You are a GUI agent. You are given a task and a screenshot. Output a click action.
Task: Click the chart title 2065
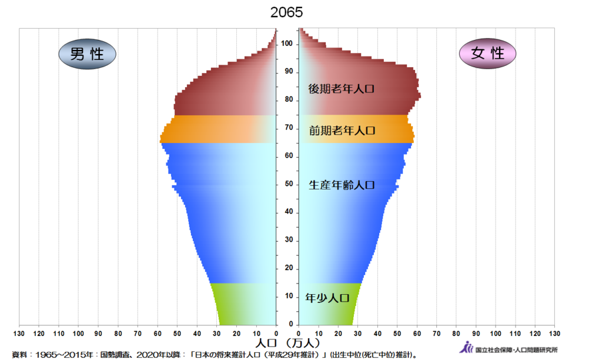tap(287, 12)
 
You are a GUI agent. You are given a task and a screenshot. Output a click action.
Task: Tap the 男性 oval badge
tap(87, 54)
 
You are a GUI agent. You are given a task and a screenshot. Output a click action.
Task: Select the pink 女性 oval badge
tap(487, 54)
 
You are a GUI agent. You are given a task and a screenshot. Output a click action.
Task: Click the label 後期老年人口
tap(342, 89)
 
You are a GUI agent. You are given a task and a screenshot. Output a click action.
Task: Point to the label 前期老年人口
tap(342, 131)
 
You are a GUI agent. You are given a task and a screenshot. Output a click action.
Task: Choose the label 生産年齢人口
tap(342, 185)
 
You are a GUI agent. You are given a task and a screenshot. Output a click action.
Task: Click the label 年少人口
tap(327, 298)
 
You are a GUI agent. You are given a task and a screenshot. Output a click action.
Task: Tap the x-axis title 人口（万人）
tap(287, 342)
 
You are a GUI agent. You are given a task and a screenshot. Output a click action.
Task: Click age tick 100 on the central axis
tap(287, 44)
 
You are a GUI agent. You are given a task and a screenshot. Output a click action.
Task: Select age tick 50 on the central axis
tap(287, 184)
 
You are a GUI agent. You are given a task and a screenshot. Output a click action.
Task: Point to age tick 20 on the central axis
tap(287, 268)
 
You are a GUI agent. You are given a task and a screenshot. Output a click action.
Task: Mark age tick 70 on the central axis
tap(287, 128)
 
